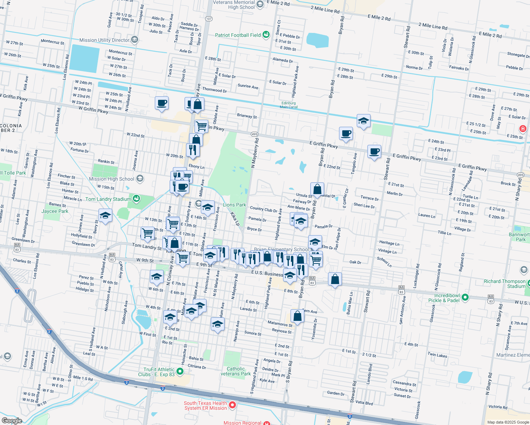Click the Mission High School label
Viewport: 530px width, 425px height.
(112, 179)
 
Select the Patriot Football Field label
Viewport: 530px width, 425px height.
(238, 35)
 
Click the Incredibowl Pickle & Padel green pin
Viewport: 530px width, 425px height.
(466, 297)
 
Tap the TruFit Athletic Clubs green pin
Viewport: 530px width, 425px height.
(180, 372)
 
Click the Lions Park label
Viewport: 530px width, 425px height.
(234, 205)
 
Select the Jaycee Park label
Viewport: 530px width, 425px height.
(55, 211)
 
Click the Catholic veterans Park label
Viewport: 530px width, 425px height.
(236, 371)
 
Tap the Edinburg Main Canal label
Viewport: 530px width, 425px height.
(288, 105)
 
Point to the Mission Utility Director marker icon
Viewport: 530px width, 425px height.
(134, 40)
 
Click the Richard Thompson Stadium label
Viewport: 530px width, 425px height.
(505, 284)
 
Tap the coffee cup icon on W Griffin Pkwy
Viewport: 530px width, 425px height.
(162, 103)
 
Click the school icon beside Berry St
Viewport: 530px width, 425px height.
(105, 215)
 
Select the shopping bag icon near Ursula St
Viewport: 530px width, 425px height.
(317, 189)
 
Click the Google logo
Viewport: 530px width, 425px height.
(12, 421)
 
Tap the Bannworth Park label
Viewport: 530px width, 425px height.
(519, 237)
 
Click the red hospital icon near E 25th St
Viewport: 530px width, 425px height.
(523, 129)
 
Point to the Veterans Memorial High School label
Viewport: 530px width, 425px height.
(234, 5)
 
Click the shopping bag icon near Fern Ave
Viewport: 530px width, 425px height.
(298, 316)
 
